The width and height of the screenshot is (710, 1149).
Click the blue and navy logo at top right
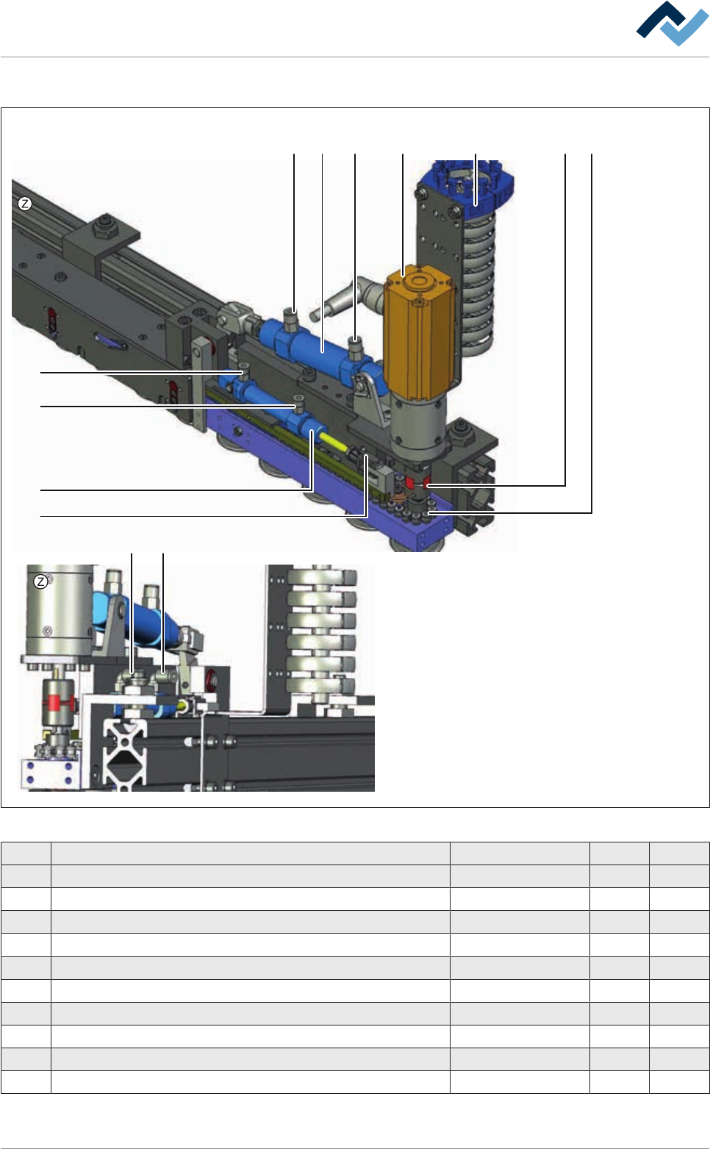coord(673,24)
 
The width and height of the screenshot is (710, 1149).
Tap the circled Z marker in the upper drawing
coord(25,204)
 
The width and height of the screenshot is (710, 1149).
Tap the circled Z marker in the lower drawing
coord(40,581)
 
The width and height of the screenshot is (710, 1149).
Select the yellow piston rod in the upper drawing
coord(334,440)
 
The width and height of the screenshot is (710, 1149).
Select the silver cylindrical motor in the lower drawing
coord(60,610)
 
